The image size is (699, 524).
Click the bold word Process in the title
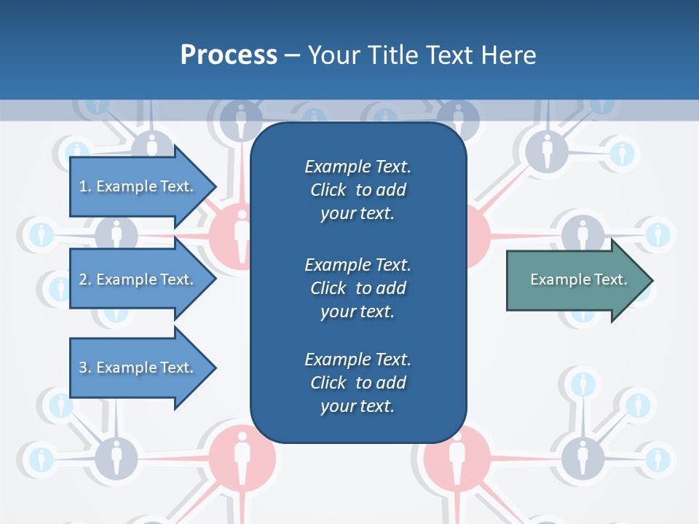pyautogui.click(x=229, y=55)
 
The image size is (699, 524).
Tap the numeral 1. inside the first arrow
pyautogui.click(x=85, y=186)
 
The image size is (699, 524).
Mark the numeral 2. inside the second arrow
pyautogui.click(x=85, y=279)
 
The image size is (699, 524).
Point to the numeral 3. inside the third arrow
pyautogui.click(x=85, y=368)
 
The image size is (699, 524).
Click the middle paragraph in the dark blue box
pyautogui.click(x=358, y=288)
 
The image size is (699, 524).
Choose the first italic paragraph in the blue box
pyautogui.click(x=358, y=190)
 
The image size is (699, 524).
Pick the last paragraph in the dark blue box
pyautogui.click(x=358, y=383)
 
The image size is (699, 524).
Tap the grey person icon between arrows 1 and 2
pyautogui.click(x=116, y=234)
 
